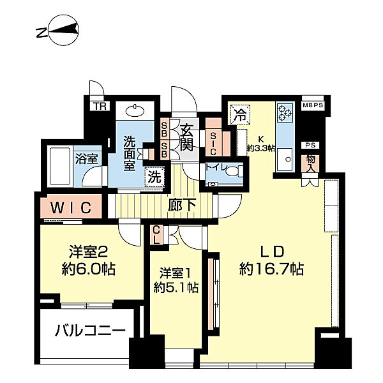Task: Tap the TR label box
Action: point(100,106)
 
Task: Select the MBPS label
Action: point(313,105)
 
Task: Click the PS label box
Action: point(310,145)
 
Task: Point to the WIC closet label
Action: point(71,207)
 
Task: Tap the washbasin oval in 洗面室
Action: point(135,111)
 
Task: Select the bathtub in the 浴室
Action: point(60,167)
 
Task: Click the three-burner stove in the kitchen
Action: point(285,112)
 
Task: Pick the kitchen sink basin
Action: point(285,159)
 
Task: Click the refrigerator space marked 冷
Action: point(240,114)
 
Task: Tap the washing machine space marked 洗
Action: point(154,177)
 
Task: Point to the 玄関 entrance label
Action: point(187,137)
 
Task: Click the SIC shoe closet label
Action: point(213,144)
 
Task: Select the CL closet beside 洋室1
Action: point(156,235)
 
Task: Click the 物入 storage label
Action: point(310,163)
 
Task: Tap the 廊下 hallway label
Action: point(182,205)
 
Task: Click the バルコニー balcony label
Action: point(90,331)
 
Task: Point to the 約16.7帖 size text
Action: point(272,269)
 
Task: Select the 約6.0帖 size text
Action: point(89,269)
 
